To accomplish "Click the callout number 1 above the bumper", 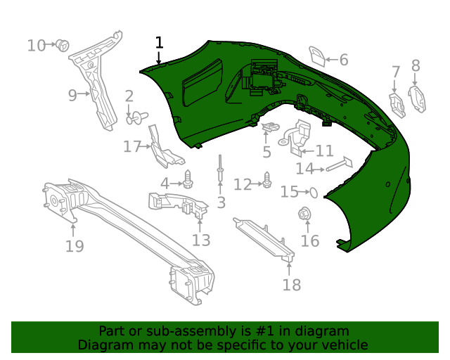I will [x=159, y=43].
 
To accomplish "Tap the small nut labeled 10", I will [x=62, y=46].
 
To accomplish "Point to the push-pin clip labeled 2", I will [x=134, y=117].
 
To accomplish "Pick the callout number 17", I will [x=132, y=147].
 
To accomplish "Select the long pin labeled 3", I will [x=220, y=169].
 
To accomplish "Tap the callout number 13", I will [x=201, y=240].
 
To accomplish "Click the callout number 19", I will [x=74, y=246].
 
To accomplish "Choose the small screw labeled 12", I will [x=267, y=181].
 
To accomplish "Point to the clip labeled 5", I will [x=269, y=128].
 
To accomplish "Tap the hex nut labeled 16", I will [x=305, y=214].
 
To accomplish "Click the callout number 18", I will [x=291, y=284].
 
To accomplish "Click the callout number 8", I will [x=416, y=66].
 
